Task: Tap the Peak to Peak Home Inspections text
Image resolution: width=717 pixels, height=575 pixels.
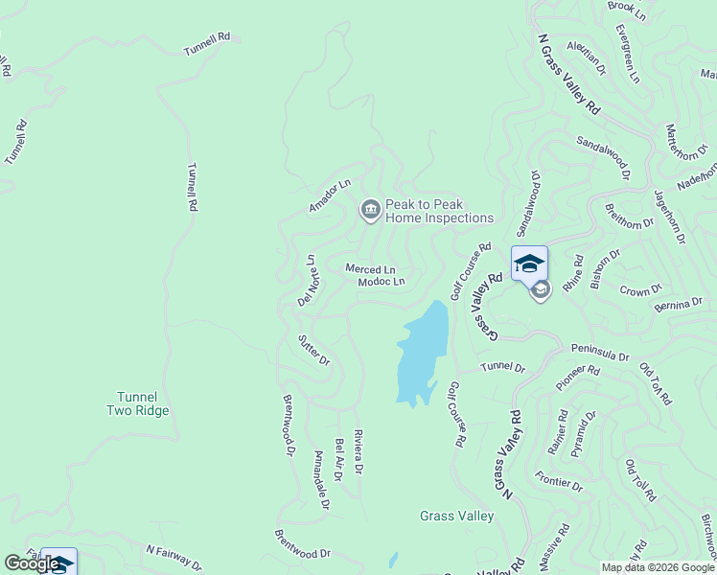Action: pyautogui.click(x=439, y=212)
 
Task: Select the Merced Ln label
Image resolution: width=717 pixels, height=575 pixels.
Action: pyautogui.click(x=370, y=269)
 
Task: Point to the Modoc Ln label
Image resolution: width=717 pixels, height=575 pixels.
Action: pyautogui.click(x=382, y=282)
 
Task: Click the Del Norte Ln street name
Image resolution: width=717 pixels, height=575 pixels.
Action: pyautogui.click(x=309, y=280)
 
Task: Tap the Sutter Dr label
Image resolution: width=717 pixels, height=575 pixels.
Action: pyautogui.click(x=313, y=350)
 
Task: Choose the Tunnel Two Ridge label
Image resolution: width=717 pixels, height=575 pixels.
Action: pyautogui.click(x=137, y=403)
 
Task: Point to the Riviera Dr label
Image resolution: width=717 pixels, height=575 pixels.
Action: pyautogui.click(x=358, y=451)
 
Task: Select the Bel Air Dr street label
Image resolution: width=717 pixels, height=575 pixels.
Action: pyautogui.click(x=338, y=461)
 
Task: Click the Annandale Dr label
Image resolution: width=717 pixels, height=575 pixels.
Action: pyautogui.click(x=321, y=479)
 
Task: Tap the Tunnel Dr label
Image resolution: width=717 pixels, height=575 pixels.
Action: pyautogui.click(x=503, y=367)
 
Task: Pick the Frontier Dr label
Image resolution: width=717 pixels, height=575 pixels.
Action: pyautogui.click(x=559, y=480)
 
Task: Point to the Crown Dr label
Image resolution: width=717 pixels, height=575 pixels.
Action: pyautogui.click(x=640, y=289)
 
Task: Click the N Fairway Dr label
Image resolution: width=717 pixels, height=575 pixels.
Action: pyautogui.click(x=174, y=557)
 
